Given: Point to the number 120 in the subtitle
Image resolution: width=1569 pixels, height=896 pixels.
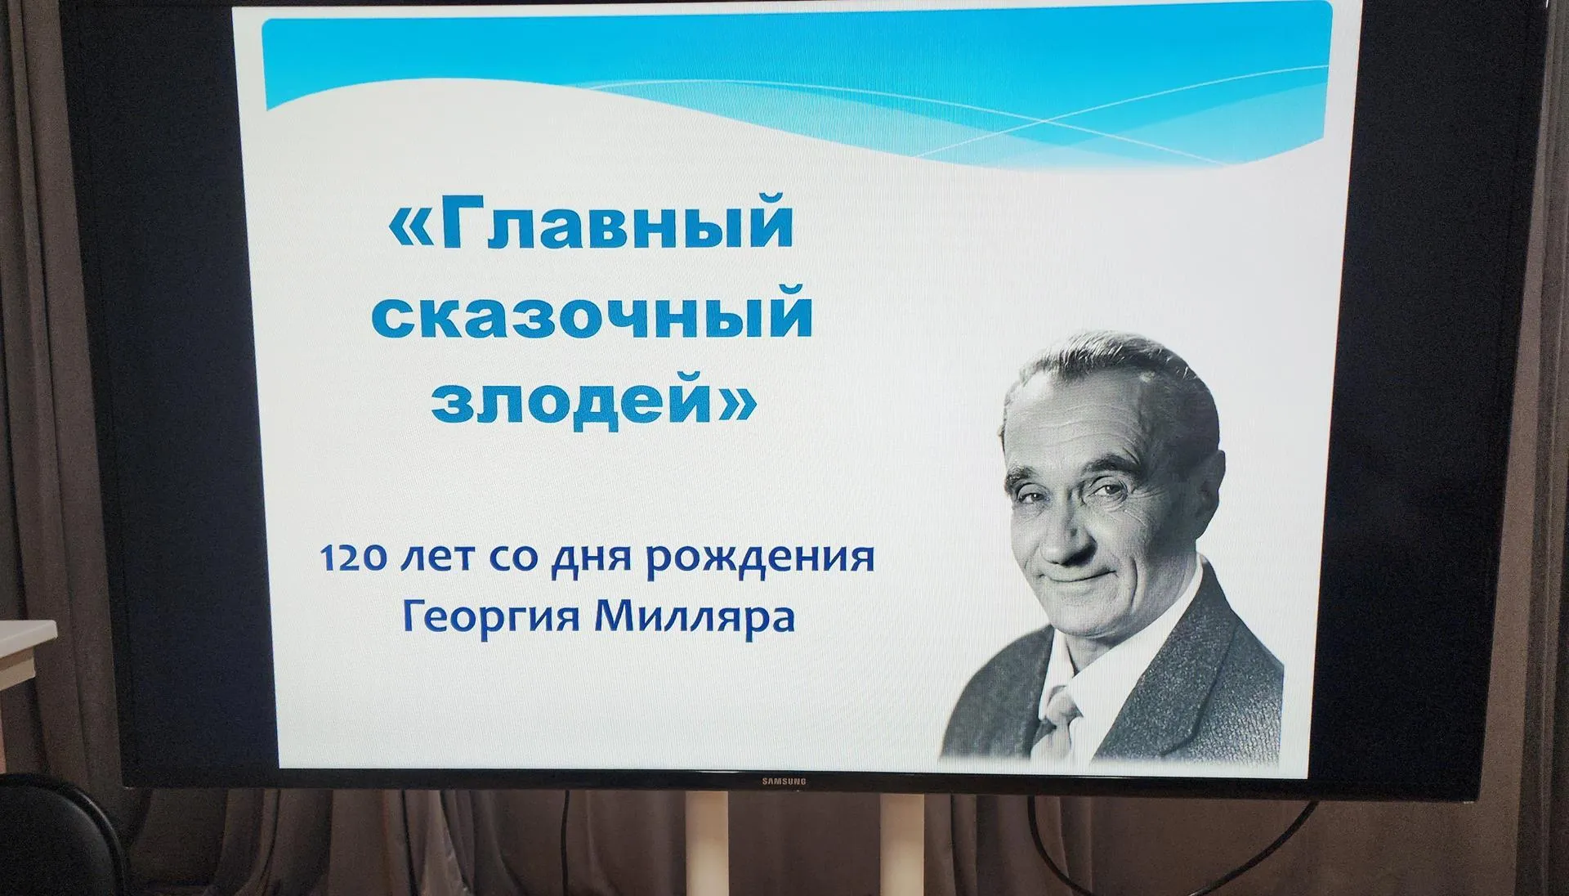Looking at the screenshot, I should (x=354, y=558).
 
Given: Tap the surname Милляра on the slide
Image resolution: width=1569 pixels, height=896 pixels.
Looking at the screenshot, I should (x=695, y=616).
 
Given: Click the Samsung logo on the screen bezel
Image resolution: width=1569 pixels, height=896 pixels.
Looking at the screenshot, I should (x=784, y=782).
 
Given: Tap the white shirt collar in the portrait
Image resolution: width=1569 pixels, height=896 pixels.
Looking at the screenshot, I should (x=1087, y=662).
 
